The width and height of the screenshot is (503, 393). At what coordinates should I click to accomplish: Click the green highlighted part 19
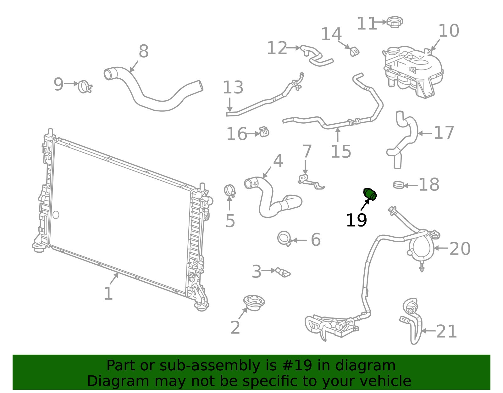370,194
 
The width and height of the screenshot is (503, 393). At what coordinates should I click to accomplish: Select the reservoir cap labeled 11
395,22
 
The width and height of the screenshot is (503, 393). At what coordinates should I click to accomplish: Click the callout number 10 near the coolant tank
449,31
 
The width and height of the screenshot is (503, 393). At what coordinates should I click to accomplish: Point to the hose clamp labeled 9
85,87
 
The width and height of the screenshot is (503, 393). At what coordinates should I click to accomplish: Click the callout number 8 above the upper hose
143,51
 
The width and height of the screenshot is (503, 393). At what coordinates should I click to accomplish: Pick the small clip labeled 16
264,132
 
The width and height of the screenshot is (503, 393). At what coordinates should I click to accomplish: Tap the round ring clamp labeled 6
284,239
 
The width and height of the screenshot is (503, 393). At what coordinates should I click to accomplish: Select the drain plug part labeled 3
283,272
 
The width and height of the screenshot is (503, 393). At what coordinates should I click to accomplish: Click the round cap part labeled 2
254,303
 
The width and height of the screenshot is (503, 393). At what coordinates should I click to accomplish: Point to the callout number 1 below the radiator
108,294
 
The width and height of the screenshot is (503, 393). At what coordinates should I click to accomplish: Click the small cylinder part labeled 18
398,185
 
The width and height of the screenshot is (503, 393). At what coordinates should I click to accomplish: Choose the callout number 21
446,331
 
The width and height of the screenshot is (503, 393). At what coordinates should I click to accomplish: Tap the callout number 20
460,249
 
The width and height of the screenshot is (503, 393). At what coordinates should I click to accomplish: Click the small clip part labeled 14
355,51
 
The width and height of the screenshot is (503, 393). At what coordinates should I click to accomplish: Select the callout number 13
233,87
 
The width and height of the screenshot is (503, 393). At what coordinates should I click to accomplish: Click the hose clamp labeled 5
230,191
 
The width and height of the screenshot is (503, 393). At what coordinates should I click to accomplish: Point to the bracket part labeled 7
310,182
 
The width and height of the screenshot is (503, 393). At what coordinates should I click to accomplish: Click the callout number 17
444,133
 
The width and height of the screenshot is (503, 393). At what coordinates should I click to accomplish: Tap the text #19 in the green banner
297,366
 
